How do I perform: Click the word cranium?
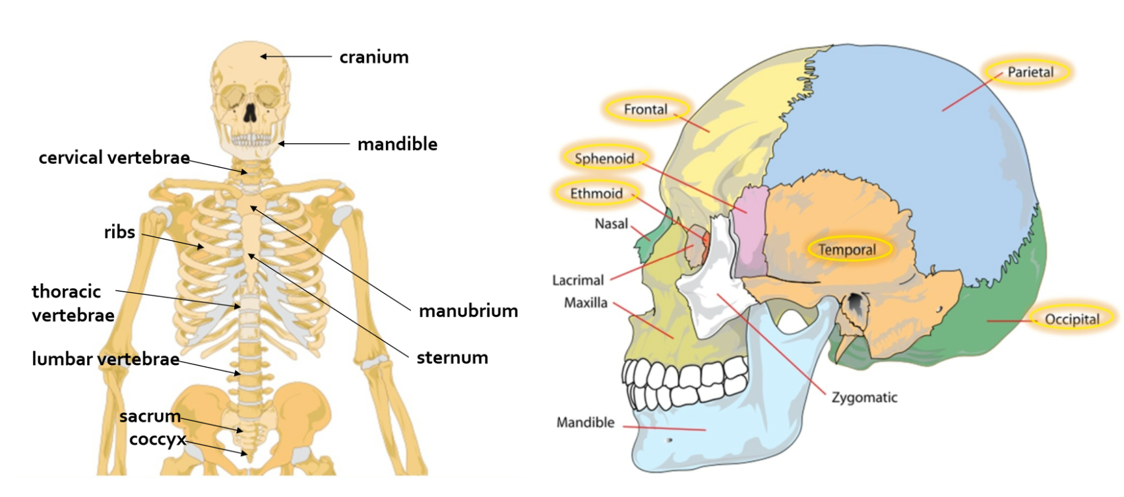pos(374,57)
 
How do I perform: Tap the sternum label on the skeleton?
pos(453,358)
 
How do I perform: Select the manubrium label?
pos(468,311)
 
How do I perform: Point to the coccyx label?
pos(158,440)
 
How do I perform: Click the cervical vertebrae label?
pos(114,158)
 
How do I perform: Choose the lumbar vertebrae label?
pos(106,359)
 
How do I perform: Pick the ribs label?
pos(119,232)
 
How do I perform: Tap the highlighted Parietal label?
pos(1030,72)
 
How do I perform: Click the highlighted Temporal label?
pos(848,249)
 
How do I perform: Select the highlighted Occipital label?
pos(1072,319)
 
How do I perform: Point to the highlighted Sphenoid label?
pos(604,158)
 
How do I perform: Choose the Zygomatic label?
pos(864,397)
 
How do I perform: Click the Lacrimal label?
pos(578,280)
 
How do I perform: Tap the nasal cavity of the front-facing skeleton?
pos(250,114)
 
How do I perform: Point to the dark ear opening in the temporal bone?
pos(855,303)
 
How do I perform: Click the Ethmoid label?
pos(596,193)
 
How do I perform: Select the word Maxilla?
pos(586,303)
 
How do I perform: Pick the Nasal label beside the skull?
pos(611,224)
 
